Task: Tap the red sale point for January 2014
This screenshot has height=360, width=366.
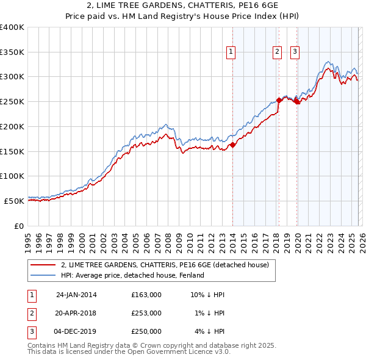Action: coord(232,145)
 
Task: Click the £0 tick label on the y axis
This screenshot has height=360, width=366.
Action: coord(18,225)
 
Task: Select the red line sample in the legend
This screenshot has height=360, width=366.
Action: coord(43,265)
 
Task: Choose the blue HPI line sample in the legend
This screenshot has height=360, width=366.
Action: coord(43,275)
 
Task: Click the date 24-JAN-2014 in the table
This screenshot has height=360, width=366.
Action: coord(76,295)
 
